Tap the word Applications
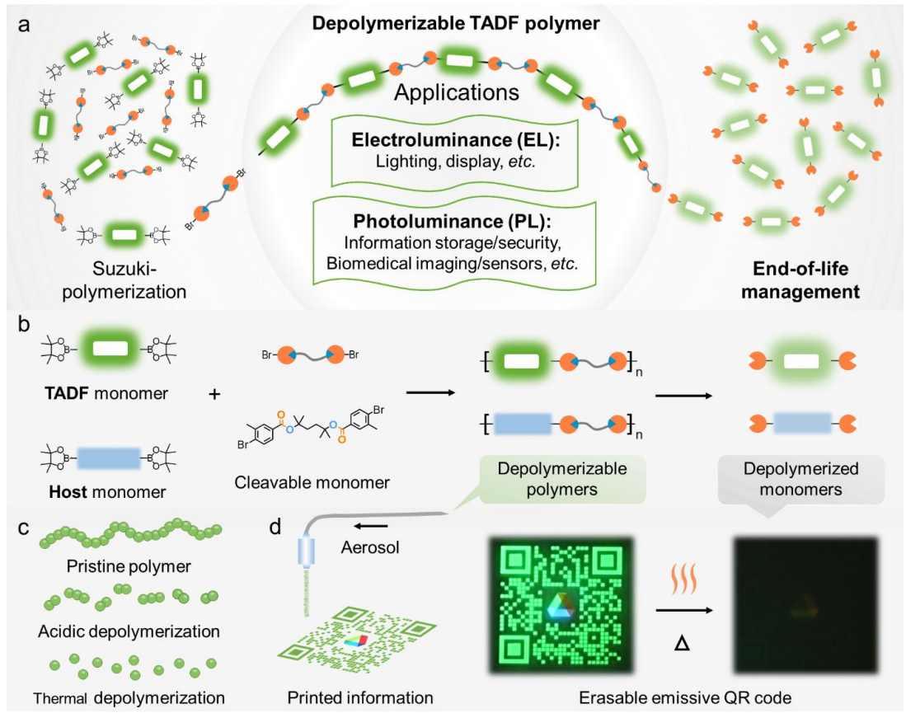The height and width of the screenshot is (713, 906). click(x=456, y=91)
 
